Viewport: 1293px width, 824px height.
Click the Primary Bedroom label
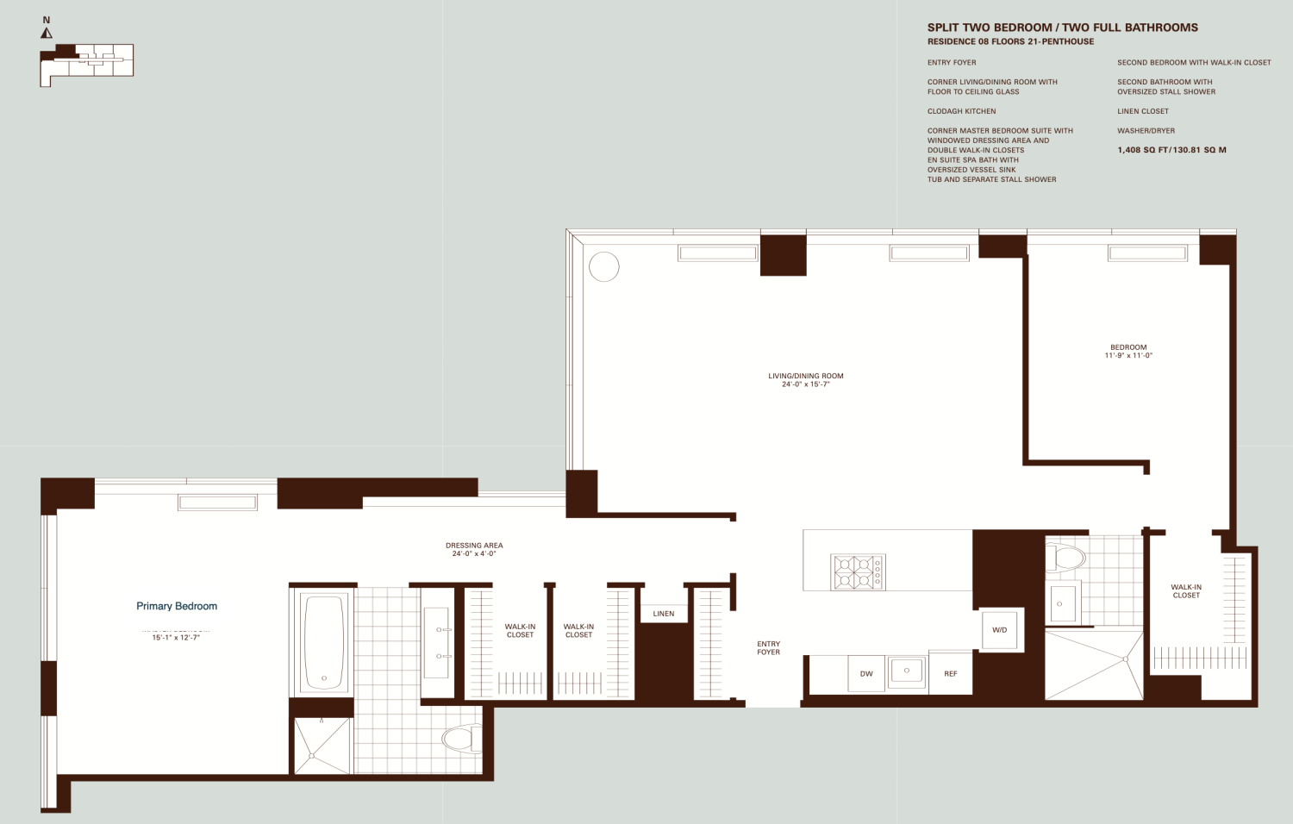point(177,606)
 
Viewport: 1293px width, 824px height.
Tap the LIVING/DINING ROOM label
point(806,376)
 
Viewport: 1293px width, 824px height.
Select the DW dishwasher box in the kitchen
point(866,674)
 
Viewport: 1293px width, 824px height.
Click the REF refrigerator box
point(950,674)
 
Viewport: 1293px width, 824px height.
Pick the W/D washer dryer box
point(999,630)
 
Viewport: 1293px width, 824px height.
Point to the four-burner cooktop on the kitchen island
point(858,572)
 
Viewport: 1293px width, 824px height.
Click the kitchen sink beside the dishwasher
point(907,671)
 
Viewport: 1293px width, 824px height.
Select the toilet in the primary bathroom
point(461,739)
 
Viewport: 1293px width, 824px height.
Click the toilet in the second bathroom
point(1066,558)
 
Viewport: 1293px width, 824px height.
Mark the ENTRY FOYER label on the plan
point(768,648)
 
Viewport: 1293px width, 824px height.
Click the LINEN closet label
point(664,614)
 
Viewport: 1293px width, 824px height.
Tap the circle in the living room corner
point(604,266)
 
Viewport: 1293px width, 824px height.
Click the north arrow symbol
point(47,33)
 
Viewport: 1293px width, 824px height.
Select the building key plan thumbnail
point(86,64)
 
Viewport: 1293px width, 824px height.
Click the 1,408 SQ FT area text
point(1171,150)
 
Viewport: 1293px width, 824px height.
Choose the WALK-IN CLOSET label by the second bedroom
point(1186,591)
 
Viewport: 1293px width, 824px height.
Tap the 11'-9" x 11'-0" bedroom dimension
point(1128,355)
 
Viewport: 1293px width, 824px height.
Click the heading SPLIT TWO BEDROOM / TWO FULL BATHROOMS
point(1062,28)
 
